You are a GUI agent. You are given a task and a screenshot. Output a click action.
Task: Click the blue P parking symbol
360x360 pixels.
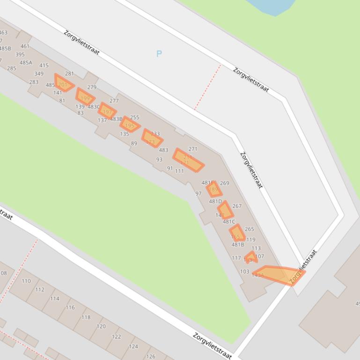[x=159, y=54]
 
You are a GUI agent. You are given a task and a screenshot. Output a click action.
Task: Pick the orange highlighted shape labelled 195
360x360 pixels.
[x=129, y=124]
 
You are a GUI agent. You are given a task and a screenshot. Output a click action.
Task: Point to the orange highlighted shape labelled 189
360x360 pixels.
[x=214, y=188]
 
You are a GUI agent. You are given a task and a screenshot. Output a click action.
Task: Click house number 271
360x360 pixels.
[x=193, y=149]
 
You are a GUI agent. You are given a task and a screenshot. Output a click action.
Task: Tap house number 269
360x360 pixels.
[x=225, y=183]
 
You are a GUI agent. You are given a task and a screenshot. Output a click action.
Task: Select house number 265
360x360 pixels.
[x=249, y=229]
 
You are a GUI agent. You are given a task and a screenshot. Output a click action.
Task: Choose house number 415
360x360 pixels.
[x=44, y=66]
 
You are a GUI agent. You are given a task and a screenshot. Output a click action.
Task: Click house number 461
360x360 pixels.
[x=25, y=46]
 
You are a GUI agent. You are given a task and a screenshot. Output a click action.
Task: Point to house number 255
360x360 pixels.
[x=134, y=118]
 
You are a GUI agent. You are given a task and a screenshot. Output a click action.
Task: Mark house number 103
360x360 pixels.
[x=245, y=272]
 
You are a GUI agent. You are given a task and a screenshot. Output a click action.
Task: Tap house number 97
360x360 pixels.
[x=198, y=194]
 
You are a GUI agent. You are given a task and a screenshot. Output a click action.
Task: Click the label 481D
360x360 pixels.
[x=215, y=202]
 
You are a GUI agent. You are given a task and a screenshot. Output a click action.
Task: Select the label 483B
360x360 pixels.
[x=116, y=119]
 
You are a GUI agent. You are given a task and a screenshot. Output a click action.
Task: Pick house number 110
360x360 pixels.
[x=26, y=281]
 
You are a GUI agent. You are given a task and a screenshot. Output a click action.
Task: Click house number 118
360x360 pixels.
[x=86, y=317]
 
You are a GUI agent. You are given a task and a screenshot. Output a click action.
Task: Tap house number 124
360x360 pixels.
[x=133, y=346]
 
